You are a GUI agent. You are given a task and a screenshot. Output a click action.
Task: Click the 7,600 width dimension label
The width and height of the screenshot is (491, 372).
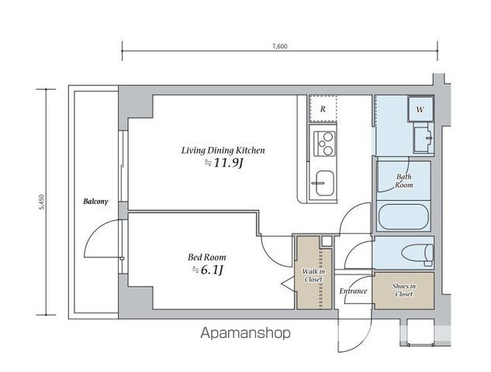click(279, 46)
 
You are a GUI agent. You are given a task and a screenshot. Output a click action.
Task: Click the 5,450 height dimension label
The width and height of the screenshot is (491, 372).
click(42, 202)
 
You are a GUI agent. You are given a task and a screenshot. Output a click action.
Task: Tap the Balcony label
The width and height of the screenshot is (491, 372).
click(95, 201)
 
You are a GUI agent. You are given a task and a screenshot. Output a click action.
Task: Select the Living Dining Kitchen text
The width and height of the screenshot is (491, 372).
click(223, 150)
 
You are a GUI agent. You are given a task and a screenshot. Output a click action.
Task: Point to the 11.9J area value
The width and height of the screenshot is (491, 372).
click(224, 163)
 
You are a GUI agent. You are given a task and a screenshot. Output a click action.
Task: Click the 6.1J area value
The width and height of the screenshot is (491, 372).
click(208, 270)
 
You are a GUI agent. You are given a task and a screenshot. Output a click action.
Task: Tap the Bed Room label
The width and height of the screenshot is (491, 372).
click(206, 257)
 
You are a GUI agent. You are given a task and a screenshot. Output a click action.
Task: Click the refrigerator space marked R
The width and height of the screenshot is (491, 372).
click(323, 108)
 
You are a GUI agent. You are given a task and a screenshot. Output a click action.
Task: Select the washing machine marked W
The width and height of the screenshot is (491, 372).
click(420, 109)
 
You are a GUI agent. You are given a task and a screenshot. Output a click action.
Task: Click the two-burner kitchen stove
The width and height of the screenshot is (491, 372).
click(324, 143)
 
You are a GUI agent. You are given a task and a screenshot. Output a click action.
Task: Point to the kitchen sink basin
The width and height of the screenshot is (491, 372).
click(324, 184)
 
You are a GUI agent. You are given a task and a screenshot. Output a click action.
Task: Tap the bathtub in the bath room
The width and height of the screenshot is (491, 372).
click(403, 216)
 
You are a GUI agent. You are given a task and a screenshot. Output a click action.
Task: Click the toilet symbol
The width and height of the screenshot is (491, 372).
click(418, 253)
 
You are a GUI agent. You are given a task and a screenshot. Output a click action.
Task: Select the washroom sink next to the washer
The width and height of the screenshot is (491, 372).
click(423, 139)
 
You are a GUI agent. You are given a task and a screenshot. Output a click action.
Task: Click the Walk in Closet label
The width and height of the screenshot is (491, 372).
click(313, 276)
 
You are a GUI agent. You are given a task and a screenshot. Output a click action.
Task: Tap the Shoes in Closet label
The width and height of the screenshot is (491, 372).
click(403, 290)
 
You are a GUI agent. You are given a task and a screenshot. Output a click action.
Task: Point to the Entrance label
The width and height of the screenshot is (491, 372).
click(353, 291)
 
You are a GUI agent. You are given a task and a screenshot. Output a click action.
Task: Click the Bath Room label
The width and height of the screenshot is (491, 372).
click(404, 181)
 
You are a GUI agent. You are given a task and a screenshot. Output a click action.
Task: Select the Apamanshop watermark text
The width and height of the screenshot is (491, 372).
click(245, 333)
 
